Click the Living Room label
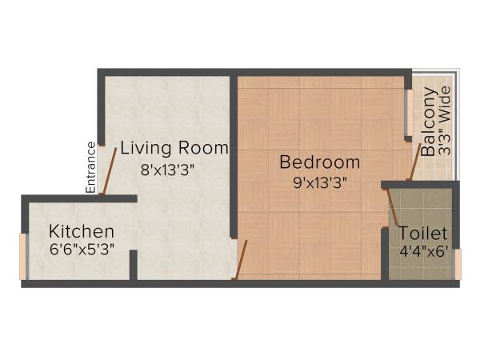coord(174,148)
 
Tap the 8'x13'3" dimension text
coord(168,169)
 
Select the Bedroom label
coord(319,162)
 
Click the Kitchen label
coord(81,231)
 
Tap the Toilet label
coord(423,234)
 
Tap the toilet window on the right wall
coord(458,263)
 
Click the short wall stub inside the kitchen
coord(134,265)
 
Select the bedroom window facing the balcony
coord(410,112)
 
